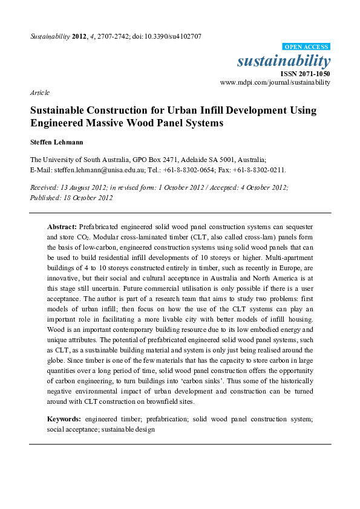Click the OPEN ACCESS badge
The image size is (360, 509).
point(306,47)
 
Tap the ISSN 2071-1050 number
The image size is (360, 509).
point(305,73)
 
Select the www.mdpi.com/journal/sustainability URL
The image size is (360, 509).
point(275,82)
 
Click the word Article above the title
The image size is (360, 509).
point(39,93)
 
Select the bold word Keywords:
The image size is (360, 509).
point(64,418)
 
